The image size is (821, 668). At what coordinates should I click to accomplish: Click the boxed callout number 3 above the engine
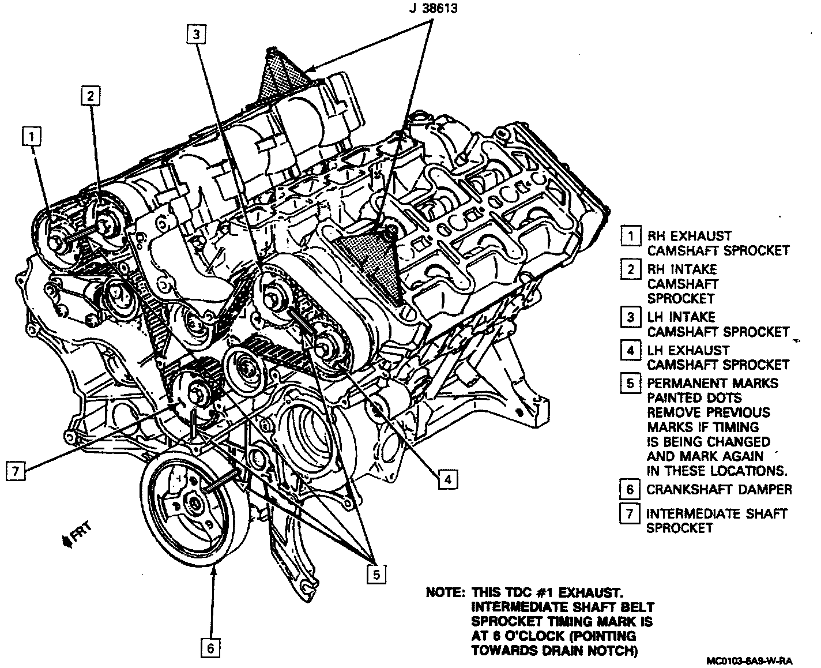pyautogui.click(x=196, y=35)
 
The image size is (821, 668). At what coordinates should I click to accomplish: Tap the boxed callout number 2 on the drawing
pyautogui.click(x=91, y=96)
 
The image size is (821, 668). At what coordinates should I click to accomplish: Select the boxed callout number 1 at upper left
pyautogui.click(x=32, y=136)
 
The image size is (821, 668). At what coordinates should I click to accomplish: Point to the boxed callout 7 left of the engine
pyautogui.click(x=16, y=471)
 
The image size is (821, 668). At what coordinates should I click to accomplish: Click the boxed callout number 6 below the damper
pyautogui.click(x=210, y=648)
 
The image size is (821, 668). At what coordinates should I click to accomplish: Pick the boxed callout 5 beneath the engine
pyautogui.click(x=376, y=575)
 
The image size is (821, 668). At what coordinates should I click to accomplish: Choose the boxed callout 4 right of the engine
pyautogui.click(x=448, y=479)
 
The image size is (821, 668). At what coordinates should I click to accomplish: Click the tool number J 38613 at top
pyautogui.click(x=434, y=8)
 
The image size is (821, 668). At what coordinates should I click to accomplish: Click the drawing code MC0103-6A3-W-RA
pyautogui.click(x=750, y=661)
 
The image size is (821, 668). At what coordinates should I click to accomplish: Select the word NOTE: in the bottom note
pyautogui.click(x=446, y=592)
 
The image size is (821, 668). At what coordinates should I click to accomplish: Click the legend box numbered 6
pyautogui.click(x=630, y=489)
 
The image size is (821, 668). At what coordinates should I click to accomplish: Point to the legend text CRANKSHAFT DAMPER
pyautogui.click(x=720, y=489)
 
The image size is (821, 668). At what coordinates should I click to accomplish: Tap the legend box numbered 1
pyautogui.click(x=631, y=236)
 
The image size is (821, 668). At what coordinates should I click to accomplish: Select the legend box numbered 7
pyautogui.click(x=630, y=513)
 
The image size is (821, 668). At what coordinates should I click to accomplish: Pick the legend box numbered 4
pyautogui.click(x=631, y=350)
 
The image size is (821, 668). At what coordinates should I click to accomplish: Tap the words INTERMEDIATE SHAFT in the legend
pyautogui.click(x=717, y=514)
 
